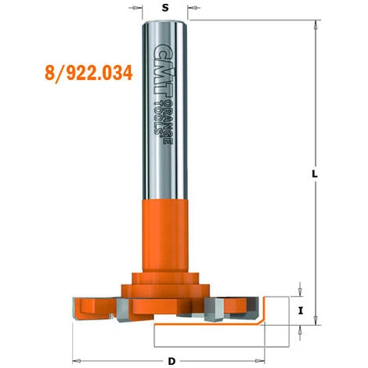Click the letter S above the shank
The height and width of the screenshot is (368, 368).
tap(164, 8)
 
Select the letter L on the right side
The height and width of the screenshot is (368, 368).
tap(314, 178)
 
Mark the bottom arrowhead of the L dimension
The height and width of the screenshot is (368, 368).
tap(316, 319)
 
